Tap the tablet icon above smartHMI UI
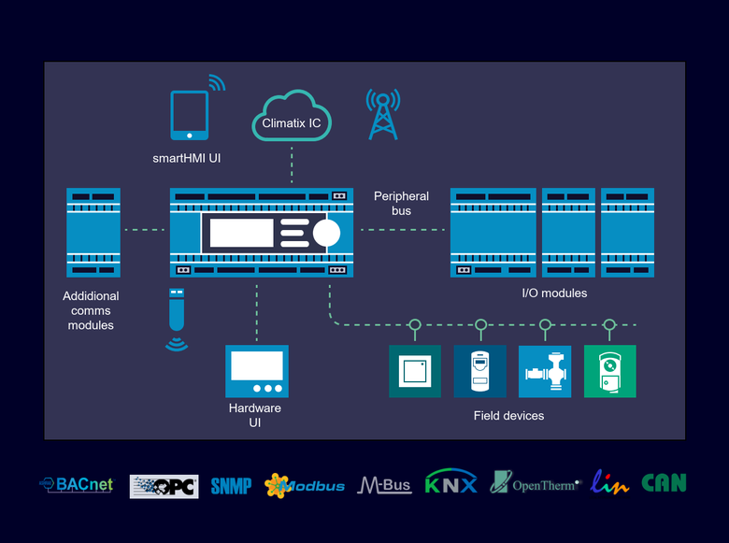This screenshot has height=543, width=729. click(189, 115)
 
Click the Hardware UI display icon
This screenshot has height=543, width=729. click(257, 371)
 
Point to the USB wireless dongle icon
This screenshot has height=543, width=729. click(176, 313)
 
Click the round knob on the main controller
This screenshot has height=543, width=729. click(327, 232)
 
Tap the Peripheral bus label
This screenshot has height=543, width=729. click(401, 203)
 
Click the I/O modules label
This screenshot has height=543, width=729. click(554, 293)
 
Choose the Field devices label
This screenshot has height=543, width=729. click(508, 415)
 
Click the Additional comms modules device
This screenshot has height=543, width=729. click(93, 233)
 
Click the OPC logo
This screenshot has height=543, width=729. click(164, 486)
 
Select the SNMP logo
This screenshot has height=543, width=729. click(231, 485)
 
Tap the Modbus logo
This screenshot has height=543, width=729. click(305, 485)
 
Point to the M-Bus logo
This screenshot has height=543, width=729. click(383, 485)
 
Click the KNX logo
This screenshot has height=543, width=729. click(451, 482)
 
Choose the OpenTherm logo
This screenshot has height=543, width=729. click(535, 483)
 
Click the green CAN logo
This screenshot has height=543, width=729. click(664, 483)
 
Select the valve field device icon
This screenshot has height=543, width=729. click(545, 371)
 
